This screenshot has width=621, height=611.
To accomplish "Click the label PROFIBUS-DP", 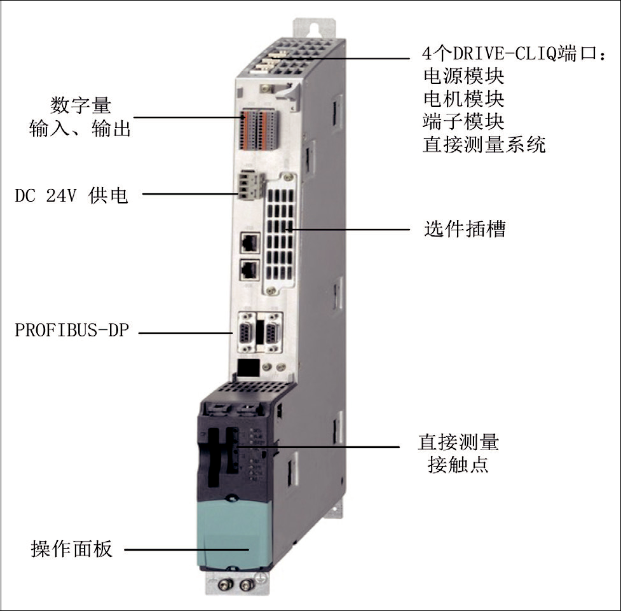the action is point(72,330).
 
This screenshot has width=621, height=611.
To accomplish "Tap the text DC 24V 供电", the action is point(71,195).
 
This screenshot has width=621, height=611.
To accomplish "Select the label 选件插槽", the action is point(465,229).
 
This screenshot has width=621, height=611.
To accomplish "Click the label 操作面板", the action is point(72,549).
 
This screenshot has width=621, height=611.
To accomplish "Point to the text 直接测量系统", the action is point(484,144).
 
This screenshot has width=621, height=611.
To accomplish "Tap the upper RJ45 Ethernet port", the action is point(250,242).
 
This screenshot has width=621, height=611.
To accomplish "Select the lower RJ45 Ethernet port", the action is point(250,270).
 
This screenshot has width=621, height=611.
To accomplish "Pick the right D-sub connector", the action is point(273,333).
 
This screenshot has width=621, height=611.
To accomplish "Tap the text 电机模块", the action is point(463,99).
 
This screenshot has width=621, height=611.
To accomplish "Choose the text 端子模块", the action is point(463,121).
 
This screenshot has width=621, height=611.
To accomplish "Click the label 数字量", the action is point(81,106).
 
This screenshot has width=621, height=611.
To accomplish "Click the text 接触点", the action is point(458,464).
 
